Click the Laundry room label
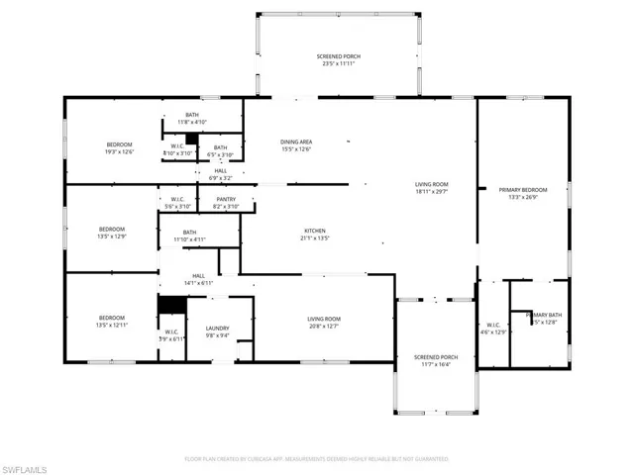[x=217, y=332]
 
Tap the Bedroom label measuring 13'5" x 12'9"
[x=111, y=235]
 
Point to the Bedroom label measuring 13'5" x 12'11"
[x=111, y=322]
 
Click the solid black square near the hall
[x=172, y=305]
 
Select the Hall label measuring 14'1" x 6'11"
[x=198, y=279]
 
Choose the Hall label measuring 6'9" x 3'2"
[x=219, y=174]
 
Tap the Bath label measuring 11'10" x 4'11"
[x=188, y=236]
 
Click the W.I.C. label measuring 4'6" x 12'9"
[x=492, y=328]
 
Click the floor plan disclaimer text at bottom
[x=317, y=459]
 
